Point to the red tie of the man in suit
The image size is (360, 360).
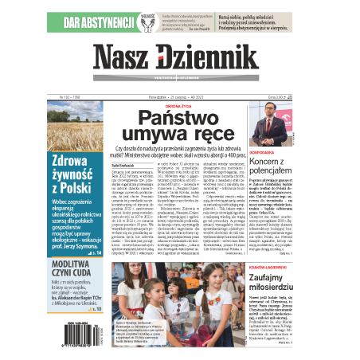(x=310, y=124)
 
